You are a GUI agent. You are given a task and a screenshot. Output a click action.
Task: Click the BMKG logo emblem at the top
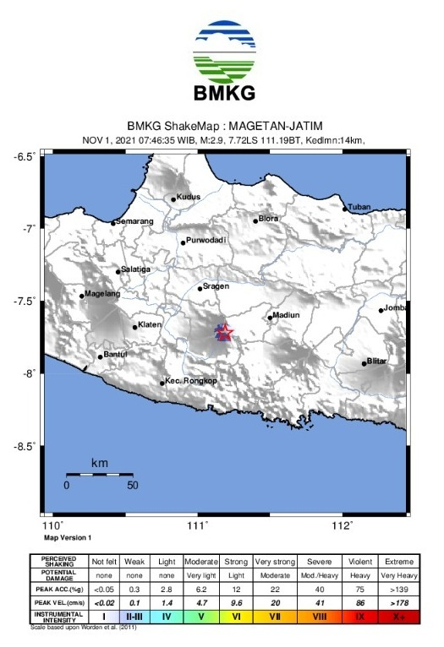point(224,48)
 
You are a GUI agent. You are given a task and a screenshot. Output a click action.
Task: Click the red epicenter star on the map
point(224,332)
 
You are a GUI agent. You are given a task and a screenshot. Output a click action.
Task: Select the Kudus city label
point(188,197)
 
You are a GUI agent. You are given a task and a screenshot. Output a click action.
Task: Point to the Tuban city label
point(360,207)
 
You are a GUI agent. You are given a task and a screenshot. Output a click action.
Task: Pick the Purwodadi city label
point(207,241)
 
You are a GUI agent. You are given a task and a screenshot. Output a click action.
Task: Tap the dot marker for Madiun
point(270,318)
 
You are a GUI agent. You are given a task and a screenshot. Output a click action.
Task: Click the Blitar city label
point(376,361)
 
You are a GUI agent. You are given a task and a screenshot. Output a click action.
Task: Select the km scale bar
point(100,475)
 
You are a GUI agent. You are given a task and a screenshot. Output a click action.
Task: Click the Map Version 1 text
point(68,537)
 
